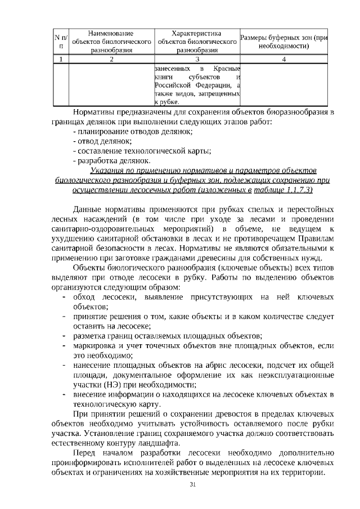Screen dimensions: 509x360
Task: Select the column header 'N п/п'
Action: pyautogui.click(x=61, y=41)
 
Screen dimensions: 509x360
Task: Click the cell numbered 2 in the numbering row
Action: pyautogui.click(x=111, y=58)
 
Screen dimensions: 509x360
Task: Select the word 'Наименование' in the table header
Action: pyautogui.click(x=111, y=33)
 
